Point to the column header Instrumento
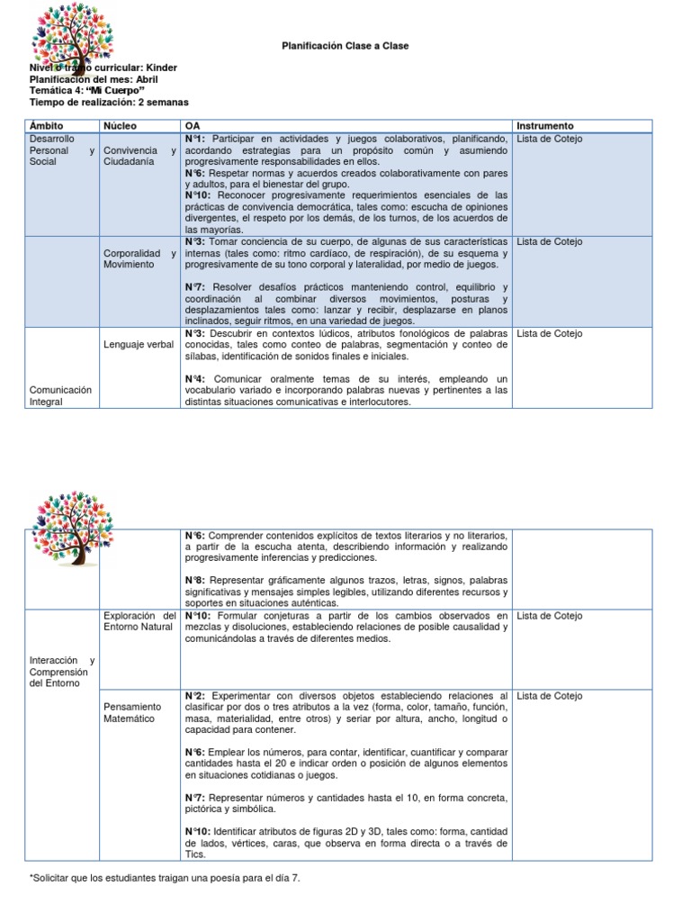pyautogui.click(x=545, y=126)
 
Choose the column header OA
pyautogui.click(x=192, y=126)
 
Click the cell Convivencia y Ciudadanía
pyautogui.click(x=139, y=156)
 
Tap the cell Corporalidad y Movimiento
pyautogui.click(x=139, y=259)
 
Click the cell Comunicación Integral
pyautogui.click(x=60, y=396)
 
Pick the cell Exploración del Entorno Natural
pyautogui.click(x=139, y=620)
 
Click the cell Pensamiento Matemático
pyautogui.click(x=131, y=712)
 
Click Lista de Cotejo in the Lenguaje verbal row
pyautogui.click(x=550, y=334)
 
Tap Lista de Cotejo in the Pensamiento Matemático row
pyautogui.click(x=550, y=696)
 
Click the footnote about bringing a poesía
pyautogui.click(x=165, y=877)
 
